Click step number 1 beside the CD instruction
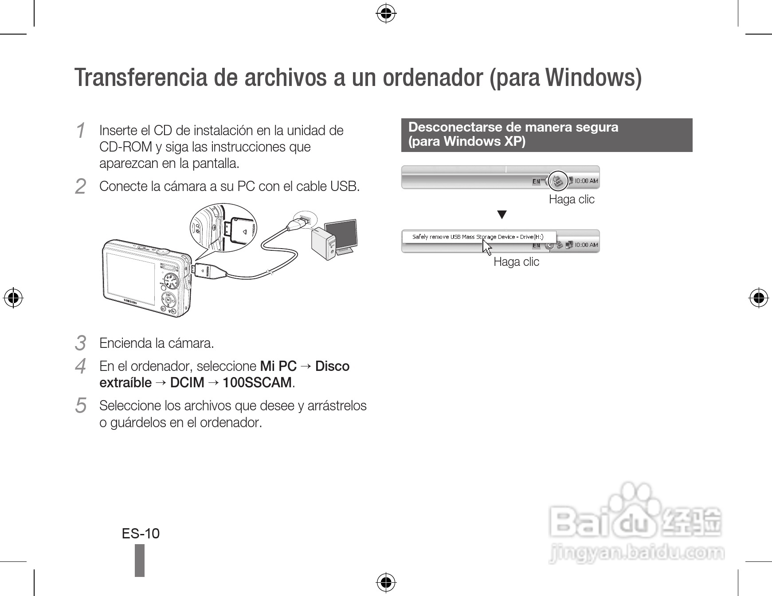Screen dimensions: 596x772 tap(80, 131)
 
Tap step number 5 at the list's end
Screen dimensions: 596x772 tap(80, 405)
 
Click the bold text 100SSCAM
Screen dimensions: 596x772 tap(257, 382)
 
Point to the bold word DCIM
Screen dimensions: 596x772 tap(187, 382)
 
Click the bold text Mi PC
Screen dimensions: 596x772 tap(278, 366)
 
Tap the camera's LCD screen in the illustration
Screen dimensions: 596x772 tap(131, 280)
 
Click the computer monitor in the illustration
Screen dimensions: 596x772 tap(341, 235)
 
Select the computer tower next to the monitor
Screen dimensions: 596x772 tap(324, 244)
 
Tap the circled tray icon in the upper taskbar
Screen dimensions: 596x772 tap(558, 180)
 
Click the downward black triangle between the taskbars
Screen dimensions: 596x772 tap(502, 215)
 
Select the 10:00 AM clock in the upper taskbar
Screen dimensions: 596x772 tap(586, 181)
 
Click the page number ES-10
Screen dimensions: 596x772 tap(141, 534)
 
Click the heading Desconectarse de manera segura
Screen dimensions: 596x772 tap(513, 127)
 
